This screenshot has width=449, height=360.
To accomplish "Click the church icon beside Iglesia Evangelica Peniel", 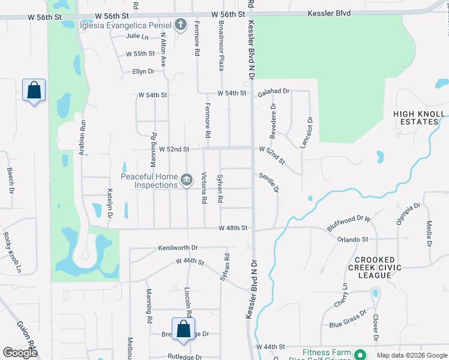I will click(180, 25).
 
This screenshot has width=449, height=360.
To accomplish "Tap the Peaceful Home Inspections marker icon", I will click(187, 179).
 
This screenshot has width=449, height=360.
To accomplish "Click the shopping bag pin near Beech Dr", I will click(34, 91).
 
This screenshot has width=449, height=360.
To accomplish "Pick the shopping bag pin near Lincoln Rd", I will click(184, 329).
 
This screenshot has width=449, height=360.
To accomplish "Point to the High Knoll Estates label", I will click(419, 118).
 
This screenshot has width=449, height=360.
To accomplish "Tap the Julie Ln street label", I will click(137, 36).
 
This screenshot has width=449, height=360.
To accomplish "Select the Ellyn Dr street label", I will click(143, 71).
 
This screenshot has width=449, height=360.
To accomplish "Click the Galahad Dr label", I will click(274, 92).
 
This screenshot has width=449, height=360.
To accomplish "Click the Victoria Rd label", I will click(205, 187).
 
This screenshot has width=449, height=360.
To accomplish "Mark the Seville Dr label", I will click(270, 183).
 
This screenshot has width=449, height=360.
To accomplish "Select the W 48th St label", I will click(233, 228).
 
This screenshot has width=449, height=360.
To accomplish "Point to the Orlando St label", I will click(352, 239).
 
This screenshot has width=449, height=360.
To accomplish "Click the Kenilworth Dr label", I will click(178, 247).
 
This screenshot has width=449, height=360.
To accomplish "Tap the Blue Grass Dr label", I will click(348, 320).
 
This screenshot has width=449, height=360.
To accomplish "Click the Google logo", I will click(20, 353).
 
